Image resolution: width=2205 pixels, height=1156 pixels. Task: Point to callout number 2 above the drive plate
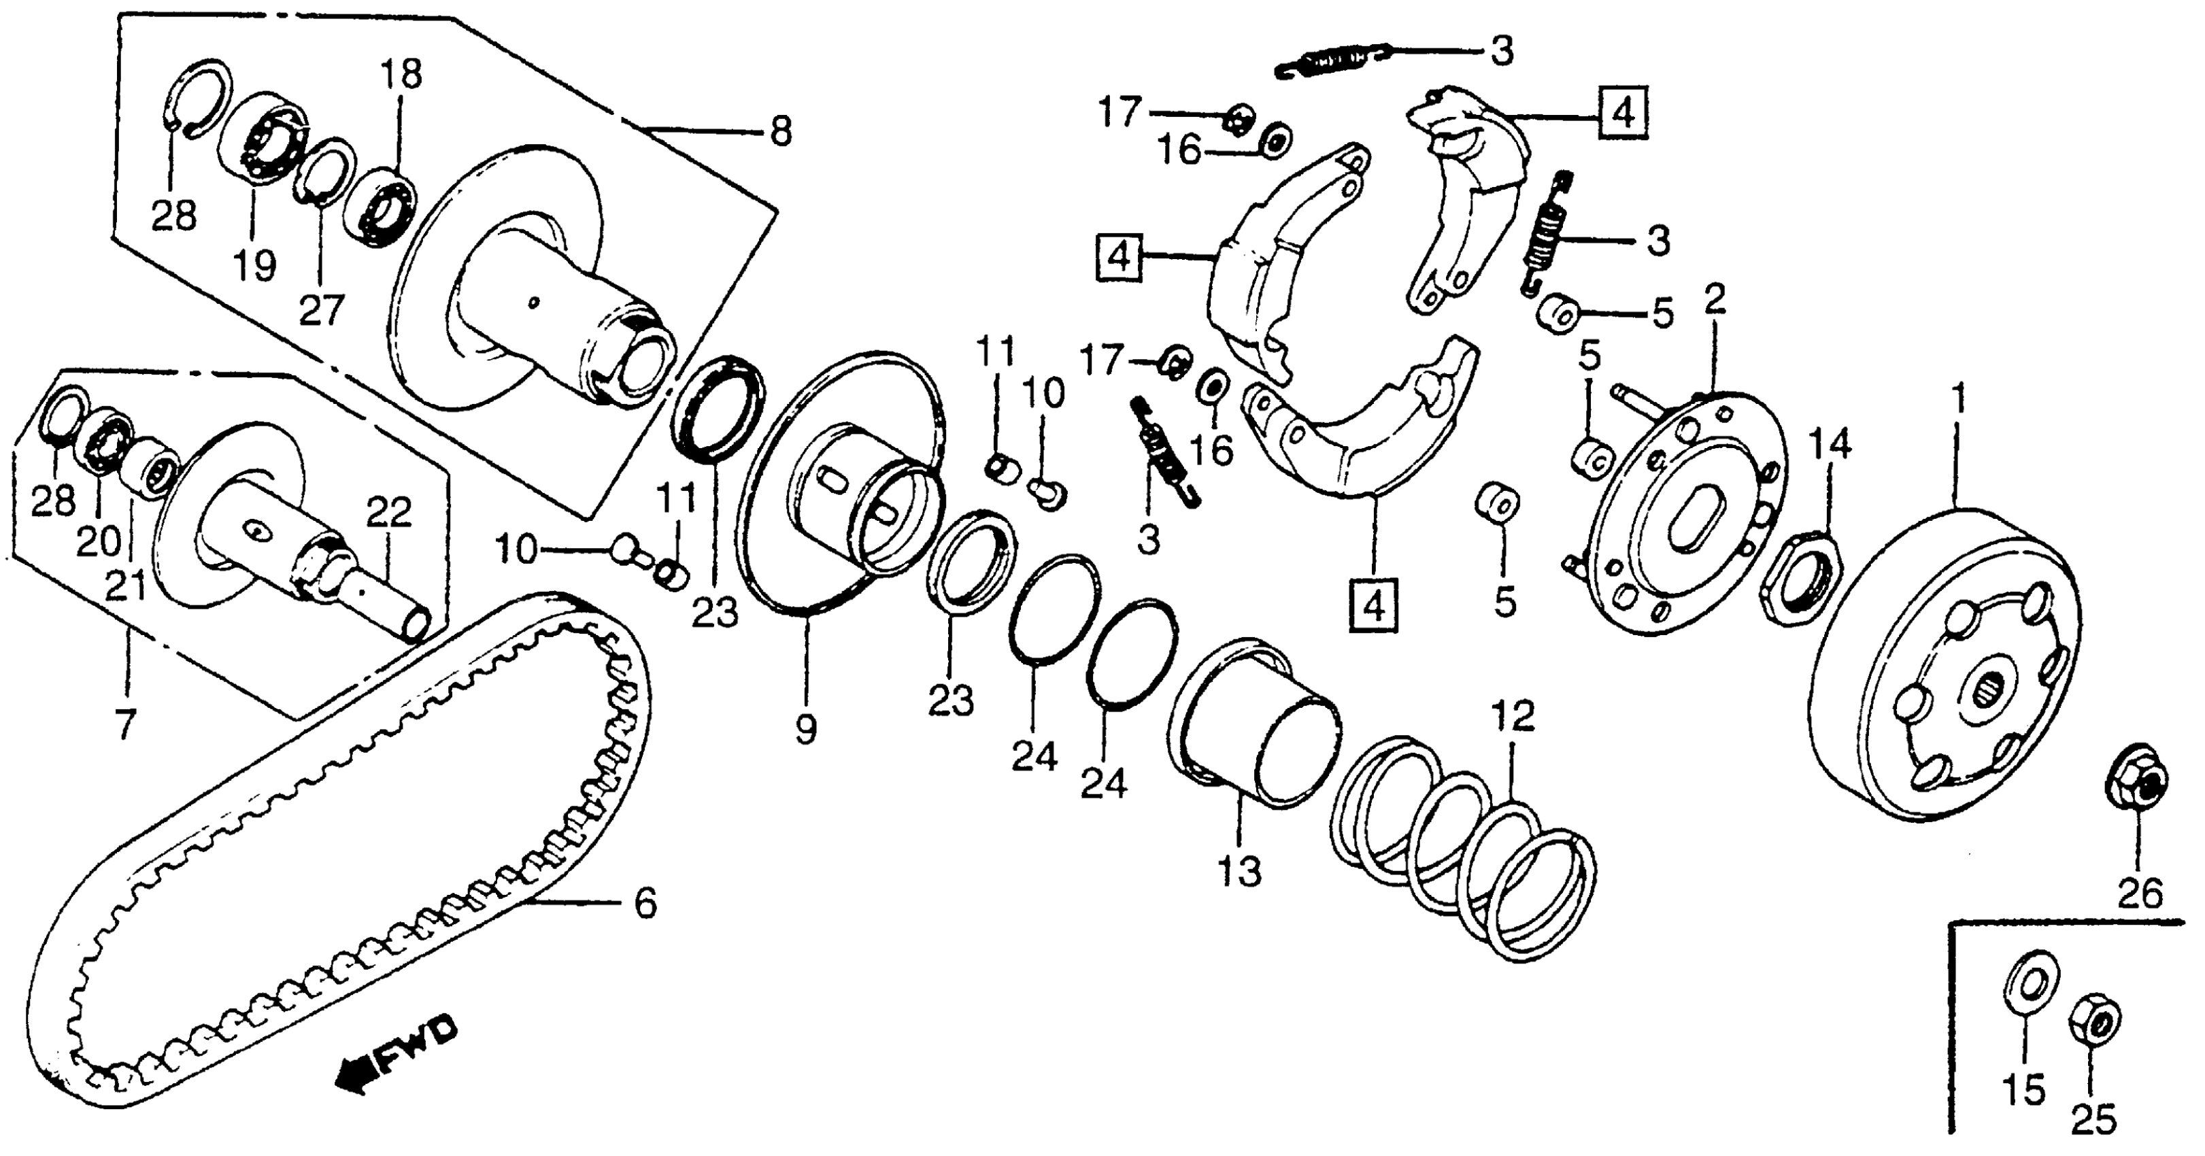pyautogui.click(x=1715, y=299)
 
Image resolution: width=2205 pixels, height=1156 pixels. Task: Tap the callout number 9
pyautogui.click(x=805, y=729)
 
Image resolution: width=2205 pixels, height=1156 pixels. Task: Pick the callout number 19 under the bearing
pyautogui.click(x=255, y=265)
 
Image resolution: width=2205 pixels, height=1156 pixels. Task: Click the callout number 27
pyautogui.click(x=321, y=310)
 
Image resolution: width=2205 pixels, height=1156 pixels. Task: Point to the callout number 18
pyautogui.click(x=401, y=75)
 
